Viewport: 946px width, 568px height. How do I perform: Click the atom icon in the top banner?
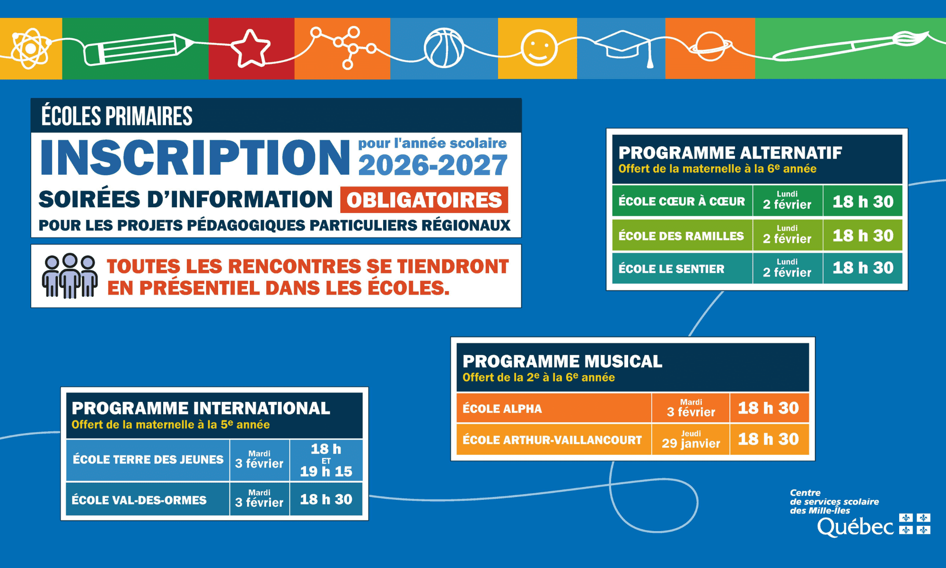30,48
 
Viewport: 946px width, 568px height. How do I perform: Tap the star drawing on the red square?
250,48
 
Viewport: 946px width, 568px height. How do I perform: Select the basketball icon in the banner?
444,48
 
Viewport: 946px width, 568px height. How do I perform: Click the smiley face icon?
539,48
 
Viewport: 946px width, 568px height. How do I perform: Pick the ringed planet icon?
710,46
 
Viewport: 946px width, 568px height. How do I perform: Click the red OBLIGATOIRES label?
424,200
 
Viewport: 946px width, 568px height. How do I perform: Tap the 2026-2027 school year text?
433,165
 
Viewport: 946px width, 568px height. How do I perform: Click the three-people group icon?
70,275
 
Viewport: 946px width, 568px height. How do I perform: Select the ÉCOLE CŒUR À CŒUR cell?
682,201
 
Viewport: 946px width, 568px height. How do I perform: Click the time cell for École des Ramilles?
863,235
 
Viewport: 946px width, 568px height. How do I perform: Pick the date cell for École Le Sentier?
788,268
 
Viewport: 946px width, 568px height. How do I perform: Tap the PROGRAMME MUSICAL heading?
562,361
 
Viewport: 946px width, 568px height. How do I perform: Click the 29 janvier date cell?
691,439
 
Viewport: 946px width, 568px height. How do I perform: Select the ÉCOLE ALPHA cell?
554,408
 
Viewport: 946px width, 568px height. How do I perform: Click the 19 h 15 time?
326,471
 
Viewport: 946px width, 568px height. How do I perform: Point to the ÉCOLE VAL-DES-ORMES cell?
148,499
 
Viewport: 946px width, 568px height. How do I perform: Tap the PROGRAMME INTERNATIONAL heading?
201,408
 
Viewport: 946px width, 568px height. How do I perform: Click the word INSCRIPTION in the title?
195,157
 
